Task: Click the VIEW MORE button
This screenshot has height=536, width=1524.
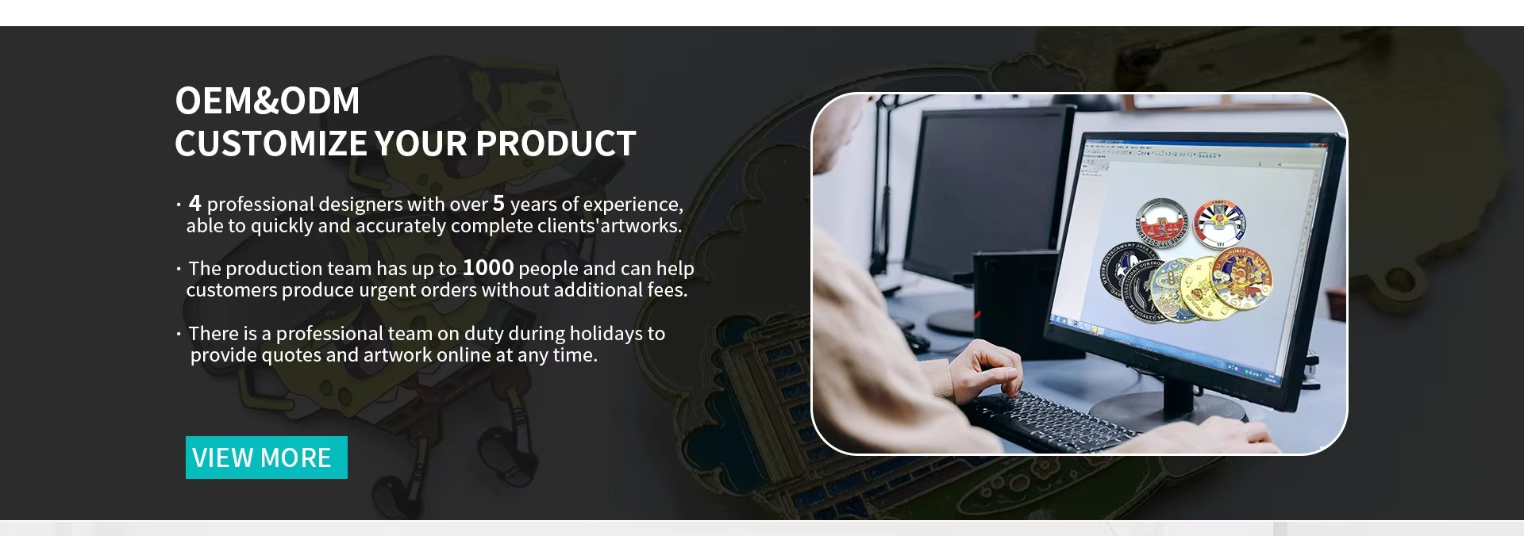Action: (267, 458)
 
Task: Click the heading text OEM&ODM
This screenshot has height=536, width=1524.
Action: (267, 101)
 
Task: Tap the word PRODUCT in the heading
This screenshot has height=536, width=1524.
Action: (556, 144)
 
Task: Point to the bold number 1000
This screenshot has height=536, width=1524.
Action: (488, 267)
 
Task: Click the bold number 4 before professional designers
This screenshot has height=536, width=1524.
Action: (195, 203)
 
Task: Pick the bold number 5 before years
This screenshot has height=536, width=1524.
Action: (498, 203)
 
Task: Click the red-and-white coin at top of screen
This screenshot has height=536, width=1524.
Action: (1165, 225)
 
